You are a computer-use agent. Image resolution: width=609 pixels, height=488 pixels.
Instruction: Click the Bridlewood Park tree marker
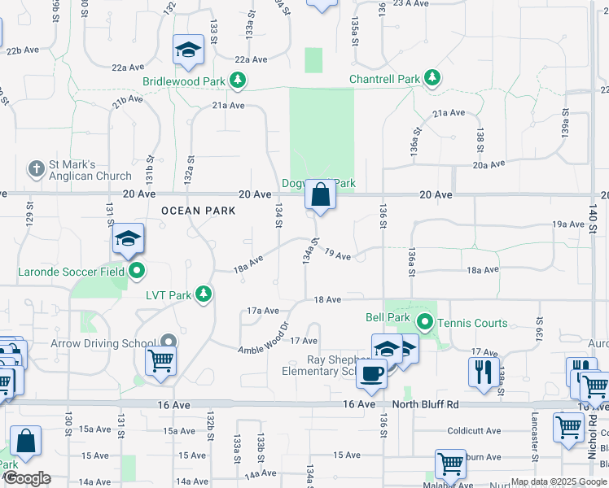coord(238,81)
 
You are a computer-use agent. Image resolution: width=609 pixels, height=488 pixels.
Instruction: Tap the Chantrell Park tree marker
coord(432,79)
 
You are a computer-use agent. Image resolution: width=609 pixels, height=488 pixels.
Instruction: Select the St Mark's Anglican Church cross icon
coord(36,169)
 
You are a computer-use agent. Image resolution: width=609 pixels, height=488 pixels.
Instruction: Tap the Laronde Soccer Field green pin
coord(137,271)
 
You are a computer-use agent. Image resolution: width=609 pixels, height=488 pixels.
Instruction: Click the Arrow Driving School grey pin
coord(169,342)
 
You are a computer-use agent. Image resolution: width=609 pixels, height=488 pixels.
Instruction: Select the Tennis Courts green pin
coord(424,323)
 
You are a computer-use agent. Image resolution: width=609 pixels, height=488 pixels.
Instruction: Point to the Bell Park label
coord(387,316)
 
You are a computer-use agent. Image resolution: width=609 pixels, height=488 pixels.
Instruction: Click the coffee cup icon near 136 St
coord(372,373)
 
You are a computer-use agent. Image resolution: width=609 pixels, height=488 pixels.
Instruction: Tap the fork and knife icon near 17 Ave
coord(484,371)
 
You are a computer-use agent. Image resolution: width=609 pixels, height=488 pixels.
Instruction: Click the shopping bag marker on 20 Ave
coord(321,194)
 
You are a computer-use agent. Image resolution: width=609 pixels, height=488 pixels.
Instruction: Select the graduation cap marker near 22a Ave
coord(188,50)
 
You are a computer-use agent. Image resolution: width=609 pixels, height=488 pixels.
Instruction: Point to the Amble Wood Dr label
coord(265,339)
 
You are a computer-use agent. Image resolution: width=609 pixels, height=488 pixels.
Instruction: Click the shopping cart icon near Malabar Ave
coord(450,464)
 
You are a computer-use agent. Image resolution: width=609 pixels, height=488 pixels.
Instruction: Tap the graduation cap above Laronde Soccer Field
coord(128,238)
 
